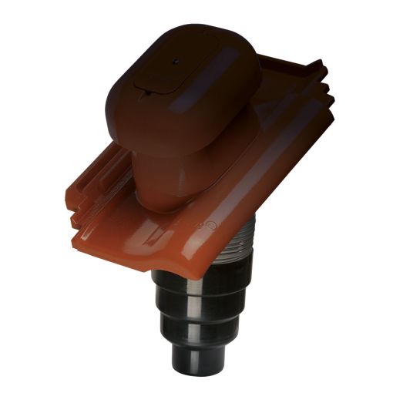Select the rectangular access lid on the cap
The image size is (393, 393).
tap(166, 73)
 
